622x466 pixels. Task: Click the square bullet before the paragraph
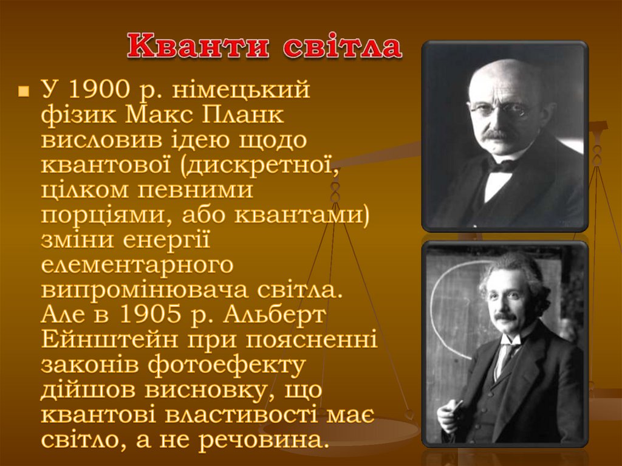click(24, 92)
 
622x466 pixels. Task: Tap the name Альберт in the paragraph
click(275, 315)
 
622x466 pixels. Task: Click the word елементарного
click(137, 266)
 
